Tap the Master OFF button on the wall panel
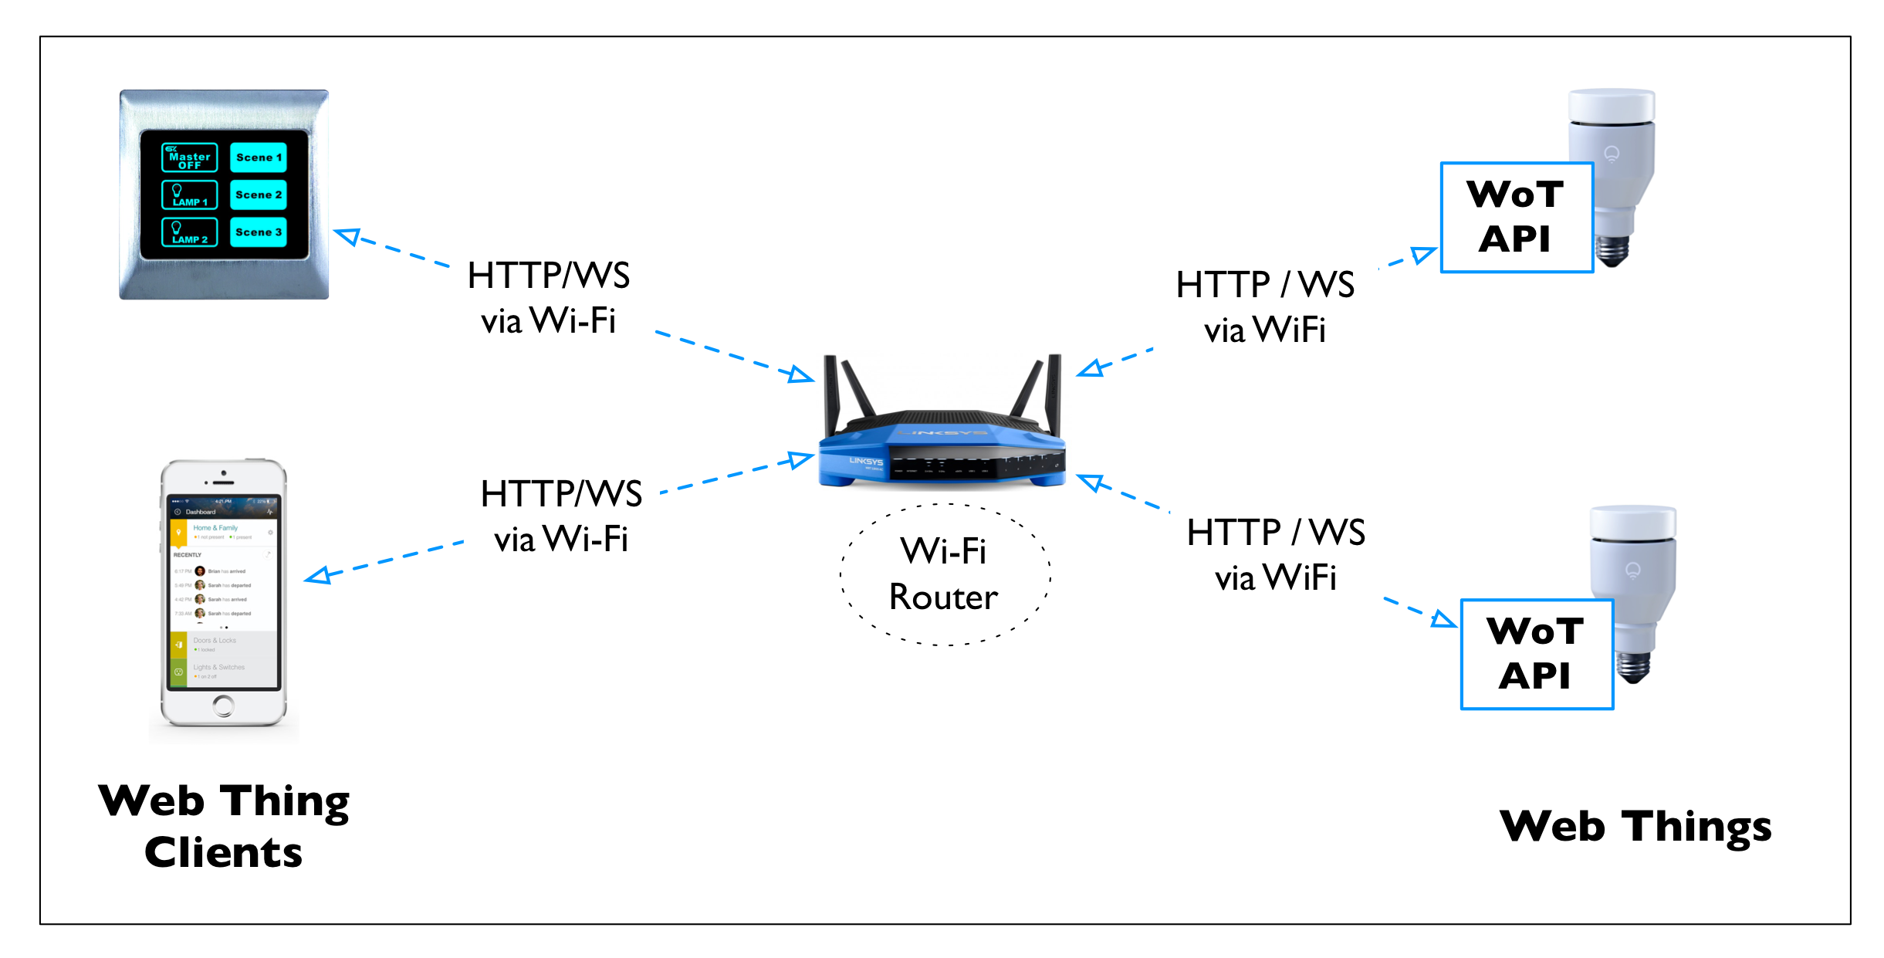[x=189, y=157]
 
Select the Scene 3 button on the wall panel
[x=259, y=232]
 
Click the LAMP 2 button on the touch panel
[x=189, y=232]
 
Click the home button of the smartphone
[x=224, y=705]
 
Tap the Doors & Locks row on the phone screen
[x=223, y=644]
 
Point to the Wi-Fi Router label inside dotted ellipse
[x=943, y=574]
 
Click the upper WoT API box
[x=1516, y=217]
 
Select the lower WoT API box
[x=1536, y=654]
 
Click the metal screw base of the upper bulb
[x=1614, y=249]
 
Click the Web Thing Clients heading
[x=224, y=826]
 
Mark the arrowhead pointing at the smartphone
[x=317, y=576]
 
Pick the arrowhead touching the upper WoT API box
[x=1424, y=254]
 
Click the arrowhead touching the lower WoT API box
[x=1443, y=619]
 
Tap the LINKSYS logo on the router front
[x=865, y=461]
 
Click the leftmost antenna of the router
[x=830, y=394]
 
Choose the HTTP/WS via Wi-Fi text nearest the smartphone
[x=561, y=516]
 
